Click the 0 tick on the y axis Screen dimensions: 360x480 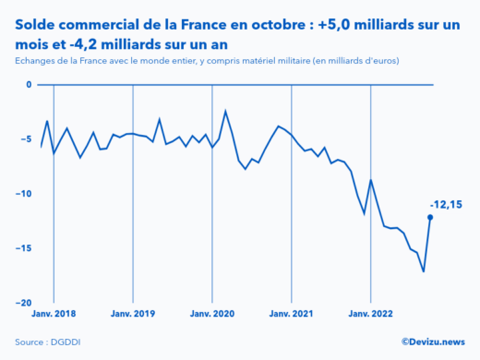click(28, 85)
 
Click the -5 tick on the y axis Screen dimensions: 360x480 click(26, 139)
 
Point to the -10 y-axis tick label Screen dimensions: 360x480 click(24, 194)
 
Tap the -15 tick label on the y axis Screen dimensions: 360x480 click(24, 248)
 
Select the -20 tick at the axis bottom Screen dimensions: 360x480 click(24, 303)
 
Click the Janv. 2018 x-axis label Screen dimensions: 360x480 click(54, 314)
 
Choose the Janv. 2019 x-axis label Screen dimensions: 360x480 click(133, 314)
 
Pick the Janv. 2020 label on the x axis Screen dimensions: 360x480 click(212, 314)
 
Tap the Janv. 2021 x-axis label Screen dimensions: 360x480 click(292, 314)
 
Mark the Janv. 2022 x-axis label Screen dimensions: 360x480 click(371, 314)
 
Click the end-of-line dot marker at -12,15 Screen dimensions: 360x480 click(430, 217)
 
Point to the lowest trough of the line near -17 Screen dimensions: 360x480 click(424, 271)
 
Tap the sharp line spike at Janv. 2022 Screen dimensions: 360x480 click(371, 180)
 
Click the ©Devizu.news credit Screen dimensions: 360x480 click(432, 341)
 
